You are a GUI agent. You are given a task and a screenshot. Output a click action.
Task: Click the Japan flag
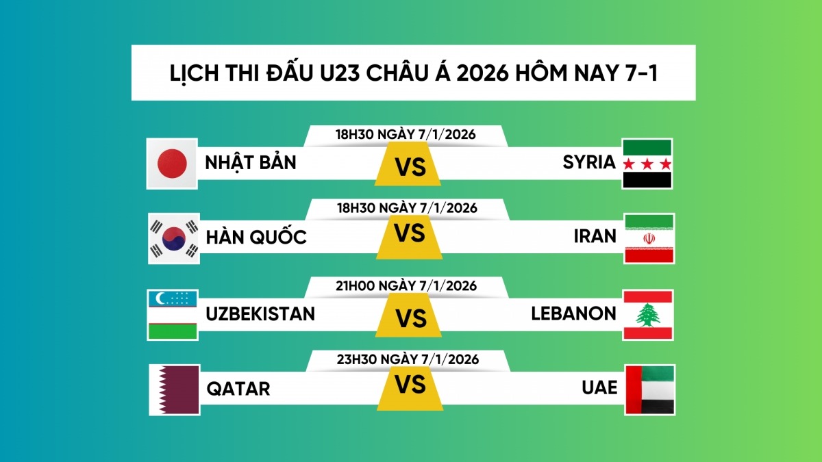(x=173, y=164)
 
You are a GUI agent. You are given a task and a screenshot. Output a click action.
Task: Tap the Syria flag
(x=647, y=164)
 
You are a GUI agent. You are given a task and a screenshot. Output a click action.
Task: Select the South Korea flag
(x=174, y=238)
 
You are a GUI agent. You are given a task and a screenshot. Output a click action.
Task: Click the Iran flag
(x=649, y=238)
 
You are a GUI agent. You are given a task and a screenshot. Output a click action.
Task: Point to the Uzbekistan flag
(x=173, y=314)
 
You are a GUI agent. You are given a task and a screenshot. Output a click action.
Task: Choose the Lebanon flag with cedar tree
(x=648, y=314)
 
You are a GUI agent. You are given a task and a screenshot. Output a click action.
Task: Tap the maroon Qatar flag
(x=174, y=389)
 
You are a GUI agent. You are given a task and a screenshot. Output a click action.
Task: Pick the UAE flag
(x=649, y=389)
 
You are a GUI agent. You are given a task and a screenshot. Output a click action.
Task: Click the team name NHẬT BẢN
(x=251, y=163)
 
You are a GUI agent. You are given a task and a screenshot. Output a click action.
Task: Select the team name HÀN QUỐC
(x=256, y=238)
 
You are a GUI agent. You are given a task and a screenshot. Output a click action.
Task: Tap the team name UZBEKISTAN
(x=260, y=313)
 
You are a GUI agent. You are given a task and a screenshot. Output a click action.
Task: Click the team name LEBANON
(x=574, y=313)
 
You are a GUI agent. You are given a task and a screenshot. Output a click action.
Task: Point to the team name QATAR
(x=238, y=389)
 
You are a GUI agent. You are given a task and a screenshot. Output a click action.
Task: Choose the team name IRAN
(x=595, y=237)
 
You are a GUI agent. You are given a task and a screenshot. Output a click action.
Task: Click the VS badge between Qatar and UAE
(x=410, y=385)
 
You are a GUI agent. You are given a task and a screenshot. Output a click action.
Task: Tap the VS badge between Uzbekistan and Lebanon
(x=410, y=318)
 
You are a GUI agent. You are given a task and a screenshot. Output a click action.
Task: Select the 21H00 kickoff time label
(x=406, y=286)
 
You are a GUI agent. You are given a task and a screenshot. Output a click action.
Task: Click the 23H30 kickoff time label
(x=407, y=359)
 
